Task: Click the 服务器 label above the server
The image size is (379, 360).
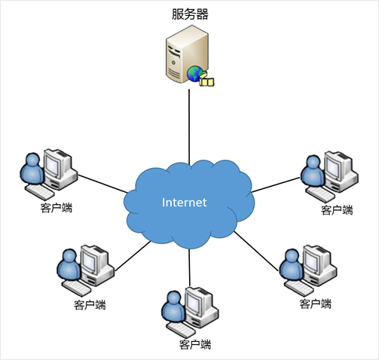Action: tap(190, 14)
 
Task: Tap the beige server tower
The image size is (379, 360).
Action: tap(187, 54)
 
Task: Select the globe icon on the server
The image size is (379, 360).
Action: tap(195, 74)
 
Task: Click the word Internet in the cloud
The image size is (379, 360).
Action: tap(185, 203)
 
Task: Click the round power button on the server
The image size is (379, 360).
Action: tap(173, 63)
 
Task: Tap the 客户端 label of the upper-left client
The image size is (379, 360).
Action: tap(57, 208)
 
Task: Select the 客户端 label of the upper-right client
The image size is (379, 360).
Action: tap(337, 210)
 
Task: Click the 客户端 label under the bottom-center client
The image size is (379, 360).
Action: tap(195, 344)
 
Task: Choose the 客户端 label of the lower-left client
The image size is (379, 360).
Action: tap(90, 304)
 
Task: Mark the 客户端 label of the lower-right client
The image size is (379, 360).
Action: tap(316, 304)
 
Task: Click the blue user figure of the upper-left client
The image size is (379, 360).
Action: tap(32, 169)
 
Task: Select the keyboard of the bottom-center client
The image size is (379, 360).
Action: tap(181, 330)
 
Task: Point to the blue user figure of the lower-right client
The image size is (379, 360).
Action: tap(292, 265)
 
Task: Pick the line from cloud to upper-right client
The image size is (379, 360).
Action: tap(276, 185)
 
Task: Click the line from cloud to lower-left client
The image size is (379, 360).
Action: tap(133, 256)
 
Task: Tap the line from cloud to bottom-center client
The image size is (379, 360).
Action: tap(190, 267)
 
